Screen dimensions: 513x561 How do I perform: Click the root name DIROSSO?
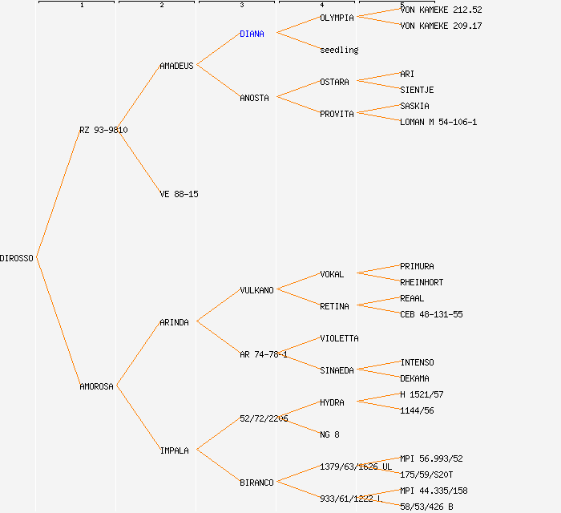[17, 258]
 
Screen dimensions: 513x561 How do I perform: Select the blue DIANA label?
[252, 34]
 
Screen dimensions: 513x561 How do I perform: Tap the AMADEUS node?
[176, 66]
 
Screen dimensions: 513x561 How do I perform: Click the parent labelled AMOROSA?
[96, 386]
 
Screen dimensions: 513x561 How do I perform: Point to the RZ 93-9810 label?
[103, 130]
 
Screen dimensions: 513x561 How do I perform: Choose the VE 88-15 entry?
[179, 194]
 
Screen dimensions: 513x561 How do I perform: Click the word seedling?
[339, 50]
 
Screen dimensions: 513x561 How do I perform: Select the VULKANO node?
[256, 290]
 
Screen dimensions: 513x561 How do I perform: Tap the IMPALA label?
[174, 450]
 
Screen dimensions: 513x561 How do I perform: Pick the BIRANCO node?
[256, 483]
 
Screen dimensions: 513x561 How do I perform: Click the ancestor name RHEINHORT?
[422, 282]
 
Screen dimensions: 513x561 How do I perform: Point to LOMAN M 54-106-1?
[438, 122]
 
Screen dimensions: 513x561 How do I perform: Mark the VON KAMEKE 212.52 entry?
[441, 10]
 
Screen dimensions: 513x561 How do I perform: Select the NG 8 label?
[329, 434]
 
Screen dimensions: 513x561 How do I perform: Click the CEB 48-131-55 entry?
[431, 314]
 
